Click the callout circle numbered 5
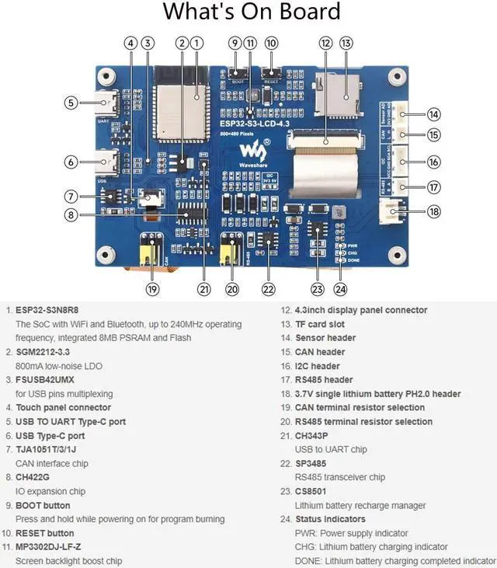71,102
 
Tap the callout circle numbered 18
433,211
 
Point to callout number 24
340,289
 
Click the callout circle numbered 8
71,215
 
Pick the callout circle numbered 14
433,114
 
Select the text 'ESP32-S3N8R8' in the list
47,310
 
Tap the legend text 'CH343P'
311,435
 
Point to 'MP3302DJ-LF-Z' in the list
52,547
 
